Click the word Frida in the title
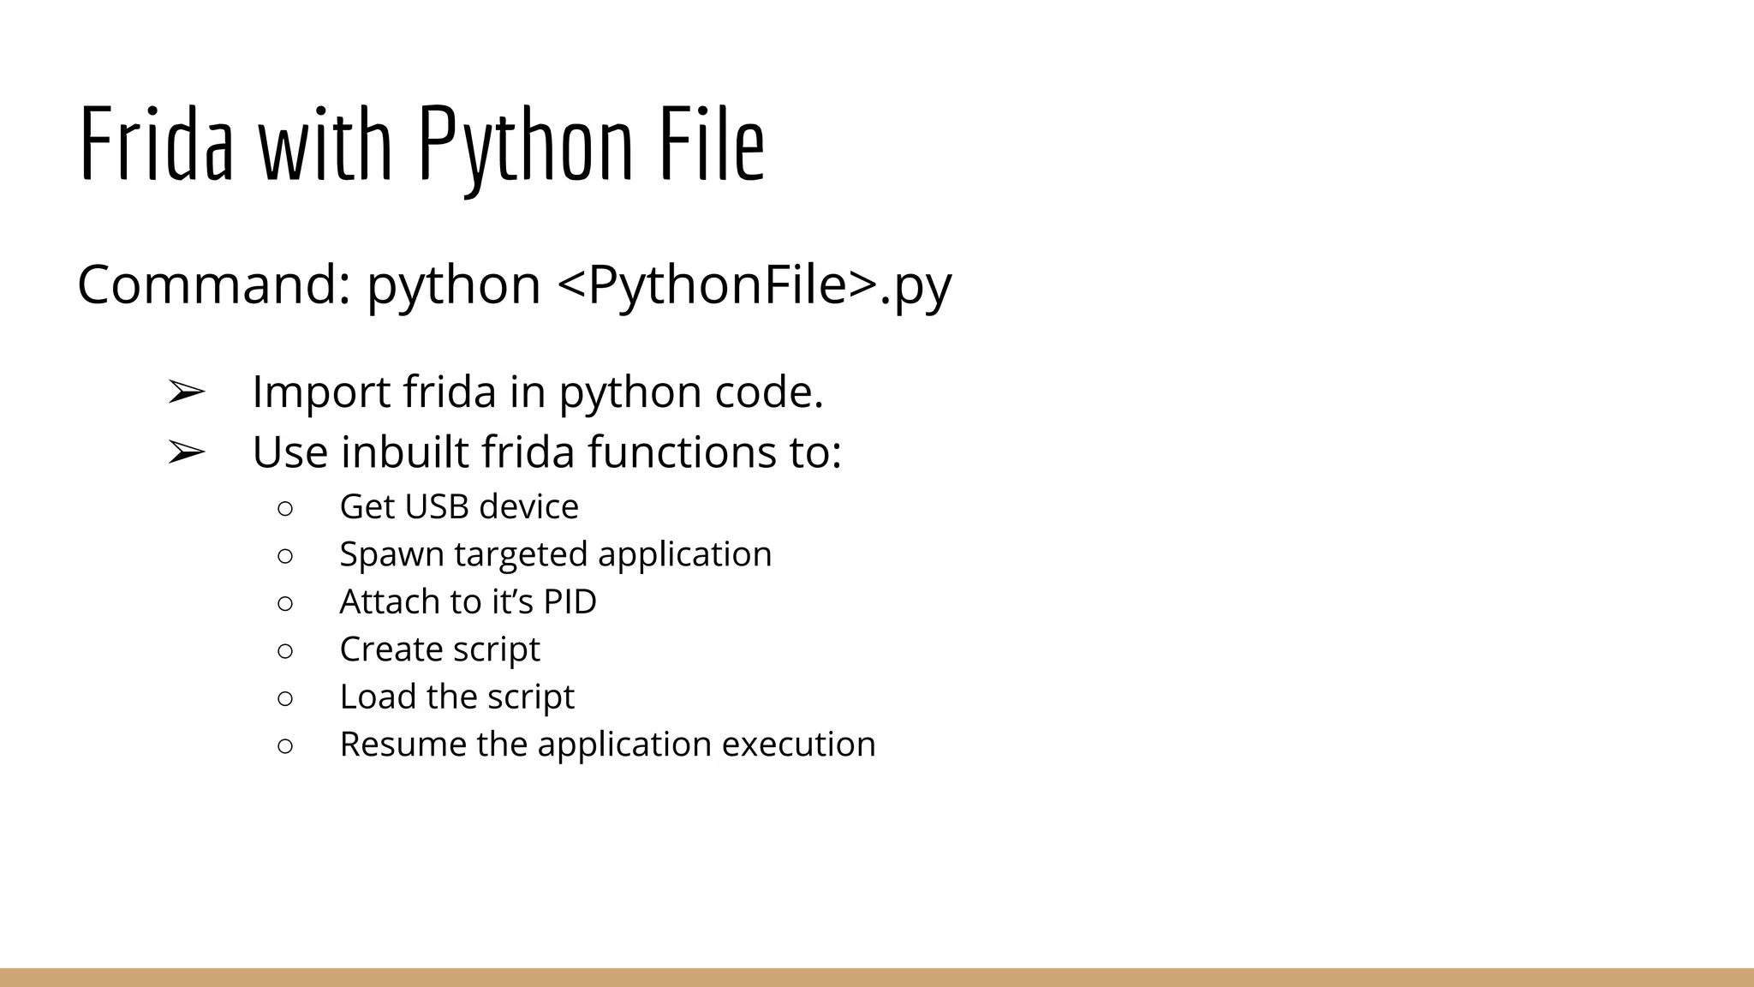pos(156,142)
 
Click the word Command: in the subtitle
pos(214,284)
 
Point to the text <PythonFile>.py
pos(754,286)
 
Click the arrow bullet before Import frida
pos(186,392)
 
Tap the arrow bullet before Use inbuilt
pos(186,452)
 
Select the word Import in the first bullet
pos(321,392)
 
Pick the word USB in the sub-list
pos(437,506)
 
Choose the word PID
pos(570,601)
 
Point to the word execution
pos(798,744)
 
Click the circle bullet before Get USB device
pos(285,508)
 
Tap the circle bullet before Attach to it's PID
pos(285,603)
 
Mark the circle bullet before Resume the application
pos(285,745)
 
